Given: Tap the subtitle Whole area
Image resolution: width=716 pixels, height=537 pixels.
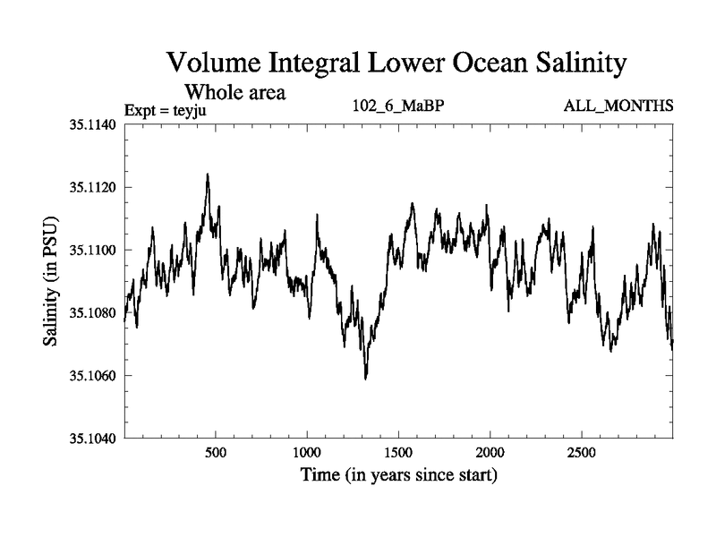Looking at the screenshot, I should pyautogui.click(x=234, y=91).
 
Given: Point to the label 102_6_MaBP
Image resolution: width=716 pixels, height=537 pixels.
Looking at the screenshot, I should pyautogui.click(x=398, y=107).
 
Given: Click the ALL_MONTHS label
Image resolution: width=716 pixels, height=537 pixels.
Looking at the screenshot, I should pyautogui.click(x=618, y=107).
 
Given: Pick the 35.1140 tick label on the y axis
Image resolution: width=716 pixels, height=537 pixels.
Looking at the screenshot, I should pyautogui.click(x=93, y=125).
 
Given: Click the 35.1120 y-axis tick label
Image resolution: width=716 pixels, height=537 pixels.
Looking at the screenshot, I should pyautogui.click(x=93, y=188).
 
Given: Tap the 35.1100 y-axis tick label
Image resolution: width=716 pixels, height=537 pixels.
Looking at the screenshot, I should pyautogui.click(x=93, y=251).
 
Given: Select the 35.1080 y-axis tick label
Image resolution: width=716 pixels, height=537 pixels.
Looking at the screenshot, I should pyautogui.click(x=93, y=313).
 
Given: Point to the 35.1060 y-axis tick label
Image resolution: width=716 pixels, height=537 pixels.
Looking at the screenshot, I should pyautogui.click(x=93, y=376).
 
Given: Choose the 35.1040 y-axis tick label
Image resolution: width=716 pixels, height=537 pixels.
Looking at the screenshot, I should pyautogui.click(x=93, y=439).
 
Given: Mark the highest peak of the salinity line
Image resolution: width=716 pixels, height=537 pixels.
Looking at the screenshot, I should pyautogui.click(x=208, y=175).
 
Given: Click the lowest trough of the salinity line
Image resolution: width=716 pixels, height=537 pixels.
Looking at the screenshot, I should pyautogui.click(x=366, y=379).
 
